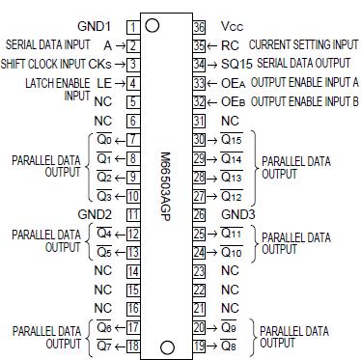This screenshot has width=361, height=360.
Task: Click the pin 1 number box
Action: pos(132,27)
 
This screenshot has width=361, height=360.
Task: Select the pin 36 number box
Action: pos(200,27)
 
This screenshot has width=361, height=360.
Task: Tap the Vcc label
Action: pos(231,27)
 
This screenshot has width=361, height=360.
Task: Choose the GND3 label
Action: pos(236,214)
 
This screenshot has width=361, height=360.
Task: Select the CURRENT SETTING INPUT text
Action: pos(303,45)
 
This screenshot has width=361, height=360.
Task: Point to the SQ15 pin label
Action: pos(229,64)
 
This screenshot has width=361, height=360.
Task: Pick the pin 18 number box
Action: pos(132,345)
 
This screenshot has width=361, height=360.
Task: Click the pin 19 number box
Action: pos(200,345)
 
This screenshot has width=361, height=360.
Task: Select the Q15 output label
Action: pos(231,141)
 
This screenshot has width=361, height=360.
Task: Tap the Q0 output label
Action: pos(103,141)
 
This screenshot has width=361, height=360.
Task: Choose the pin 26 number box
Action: pos(200,214)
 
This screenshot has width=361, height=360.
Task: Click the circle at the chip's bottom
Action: pos(166,345)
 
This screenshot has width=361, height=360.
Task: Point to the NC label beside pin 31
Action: pos(230,120)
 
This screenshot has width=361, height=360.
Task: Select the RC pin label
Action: pos(229,45)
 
